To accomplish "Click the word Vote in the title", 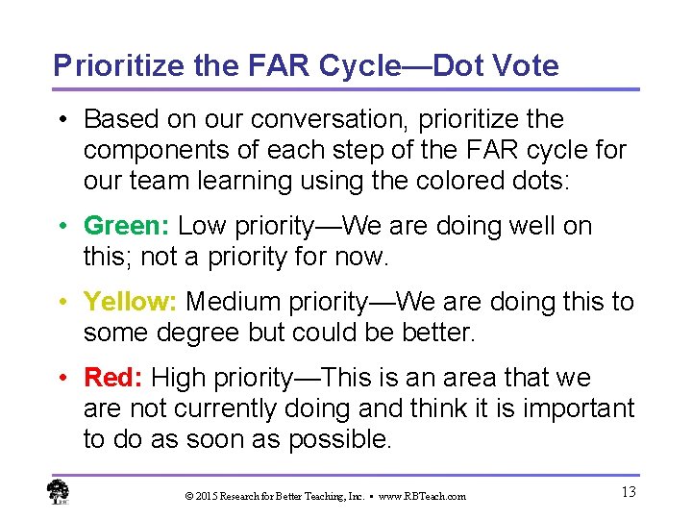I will click(523, 65).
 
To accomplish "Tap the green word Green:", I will click(127, 227).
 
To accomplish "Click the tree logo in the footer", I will click(58, 492).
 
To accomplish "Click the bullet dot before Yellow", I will click(62, 303).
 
